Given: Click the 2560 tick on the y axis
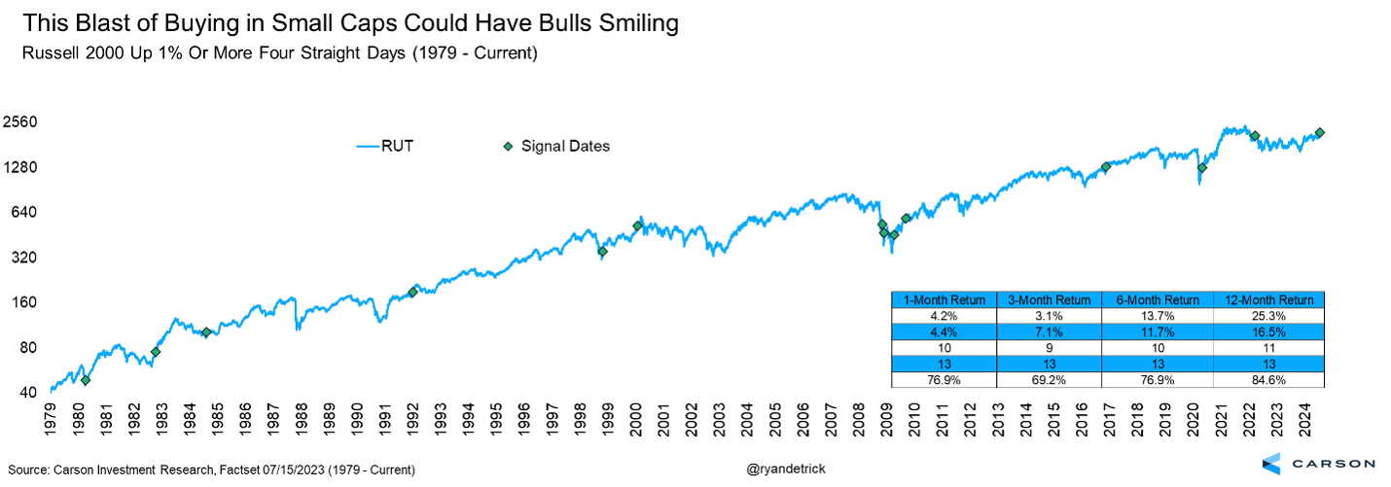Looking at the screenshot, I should coord(19,122).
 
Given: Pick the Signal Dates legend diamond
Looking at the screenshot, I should coord(507,147).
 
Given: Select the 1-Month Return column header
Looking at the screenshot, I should coord(944,300).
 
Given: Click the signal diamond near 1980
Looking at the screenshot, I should coord(86,380).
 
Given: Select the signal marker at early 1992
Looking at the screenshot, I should coord(412,292).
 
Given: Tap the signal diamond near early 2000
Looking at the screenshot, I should coord(637,226).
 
